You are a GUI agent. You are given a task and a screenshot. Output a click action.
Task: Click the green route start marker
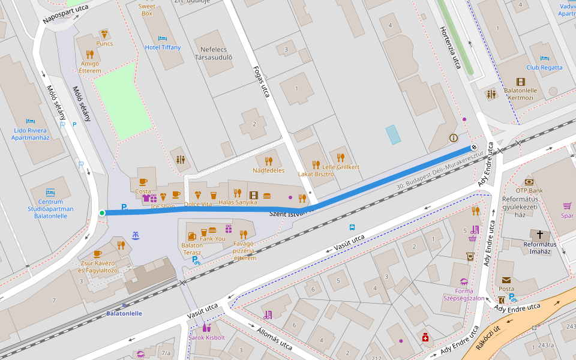(x=102, y=213)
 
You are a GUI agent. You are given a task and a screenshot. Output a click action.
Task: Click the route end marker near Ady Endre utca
(x=473, y=147)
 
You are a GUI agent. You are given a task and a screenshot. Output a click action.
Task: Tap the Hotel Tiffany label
(x=163, y=47)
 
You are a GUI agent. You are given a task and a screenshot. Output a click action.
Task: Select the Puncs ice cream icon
(x=104, y=34)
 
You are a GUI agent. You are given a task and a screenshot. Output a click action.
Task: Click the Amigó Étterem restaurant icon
(x=90, y=54)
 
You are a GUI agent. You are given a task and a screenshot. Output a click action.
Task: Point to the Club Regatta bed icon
(x=544, y=58)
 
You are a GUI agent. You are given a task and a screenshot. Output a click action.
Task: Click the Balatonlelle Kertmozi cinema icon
(x=520, y=82)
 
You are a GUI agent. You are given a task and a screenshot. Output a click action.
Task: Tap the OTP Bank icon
(x=529, y=182)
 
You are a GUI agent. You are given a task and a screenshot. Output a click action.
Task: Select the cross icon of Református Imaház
(x=539, y=235)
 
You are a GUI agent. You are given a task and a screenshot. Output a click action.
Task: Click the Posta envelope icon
(x=506, y=280)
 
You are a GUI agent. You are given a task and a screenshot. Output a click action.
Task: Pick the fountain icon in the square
(x=136, y=236)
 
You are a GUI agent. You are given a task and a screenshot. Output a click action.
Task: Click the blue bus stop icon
(x=352, y=227)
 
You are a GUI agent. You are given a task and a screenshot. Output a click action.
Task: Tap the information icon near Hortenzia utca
(x=453, y=138)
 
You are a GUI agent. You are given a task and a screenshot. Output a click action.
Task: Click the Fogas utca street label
(x=262, y=81)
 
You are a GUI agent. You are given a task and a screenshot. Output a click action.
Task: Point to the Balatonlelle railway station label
(x=124, y=313)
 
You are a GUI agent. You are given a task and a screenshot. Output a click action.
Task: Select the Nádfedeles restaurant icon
(x=268, y=161)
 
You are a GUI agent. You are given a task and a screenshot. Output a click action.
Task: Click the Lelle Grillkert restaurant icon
(x=341, y=157)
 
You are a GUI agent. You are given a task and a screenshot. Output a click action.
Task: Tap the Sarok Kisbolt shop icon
(x=206, y=328)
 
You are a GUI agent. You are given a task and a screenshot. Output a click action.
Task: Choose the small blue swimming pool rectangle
(x=393, y=134)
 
